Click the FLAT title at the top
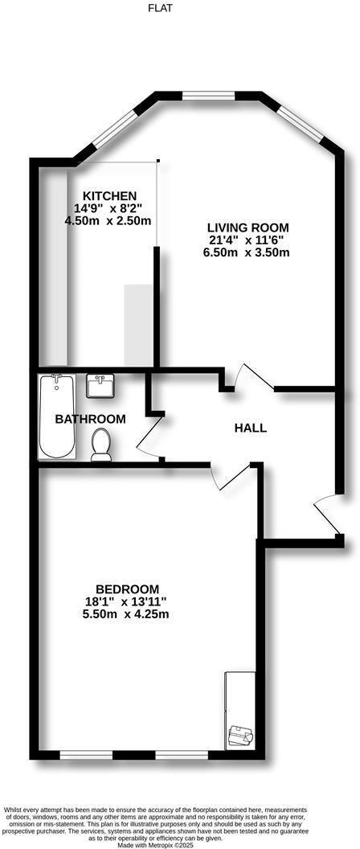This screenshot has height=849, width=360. point(160,8)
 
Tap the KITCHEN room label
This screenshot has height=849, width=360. point(110,196)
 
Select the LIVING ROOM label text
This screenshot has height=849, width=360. point(245,228)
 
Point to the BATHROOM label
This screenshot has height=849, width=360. point(90,419)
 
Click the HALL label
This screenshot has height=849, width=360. point(250,428)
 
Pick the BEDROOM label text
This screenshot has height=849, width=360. point(127,589)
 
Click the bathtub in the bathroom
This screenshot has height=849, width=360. point(56,416)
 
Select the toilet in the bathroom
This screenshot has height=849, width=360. point(101,445)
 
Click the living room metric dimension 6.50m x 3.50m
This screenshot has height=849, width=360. point(246,252)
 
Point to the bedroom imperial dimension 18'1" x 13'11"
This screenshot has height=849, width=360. point(127,601)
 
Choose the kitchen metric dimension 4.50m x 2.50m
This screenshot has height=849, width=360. point(108,221)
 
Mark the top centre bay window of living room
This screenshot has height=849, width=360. point(207,96)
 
